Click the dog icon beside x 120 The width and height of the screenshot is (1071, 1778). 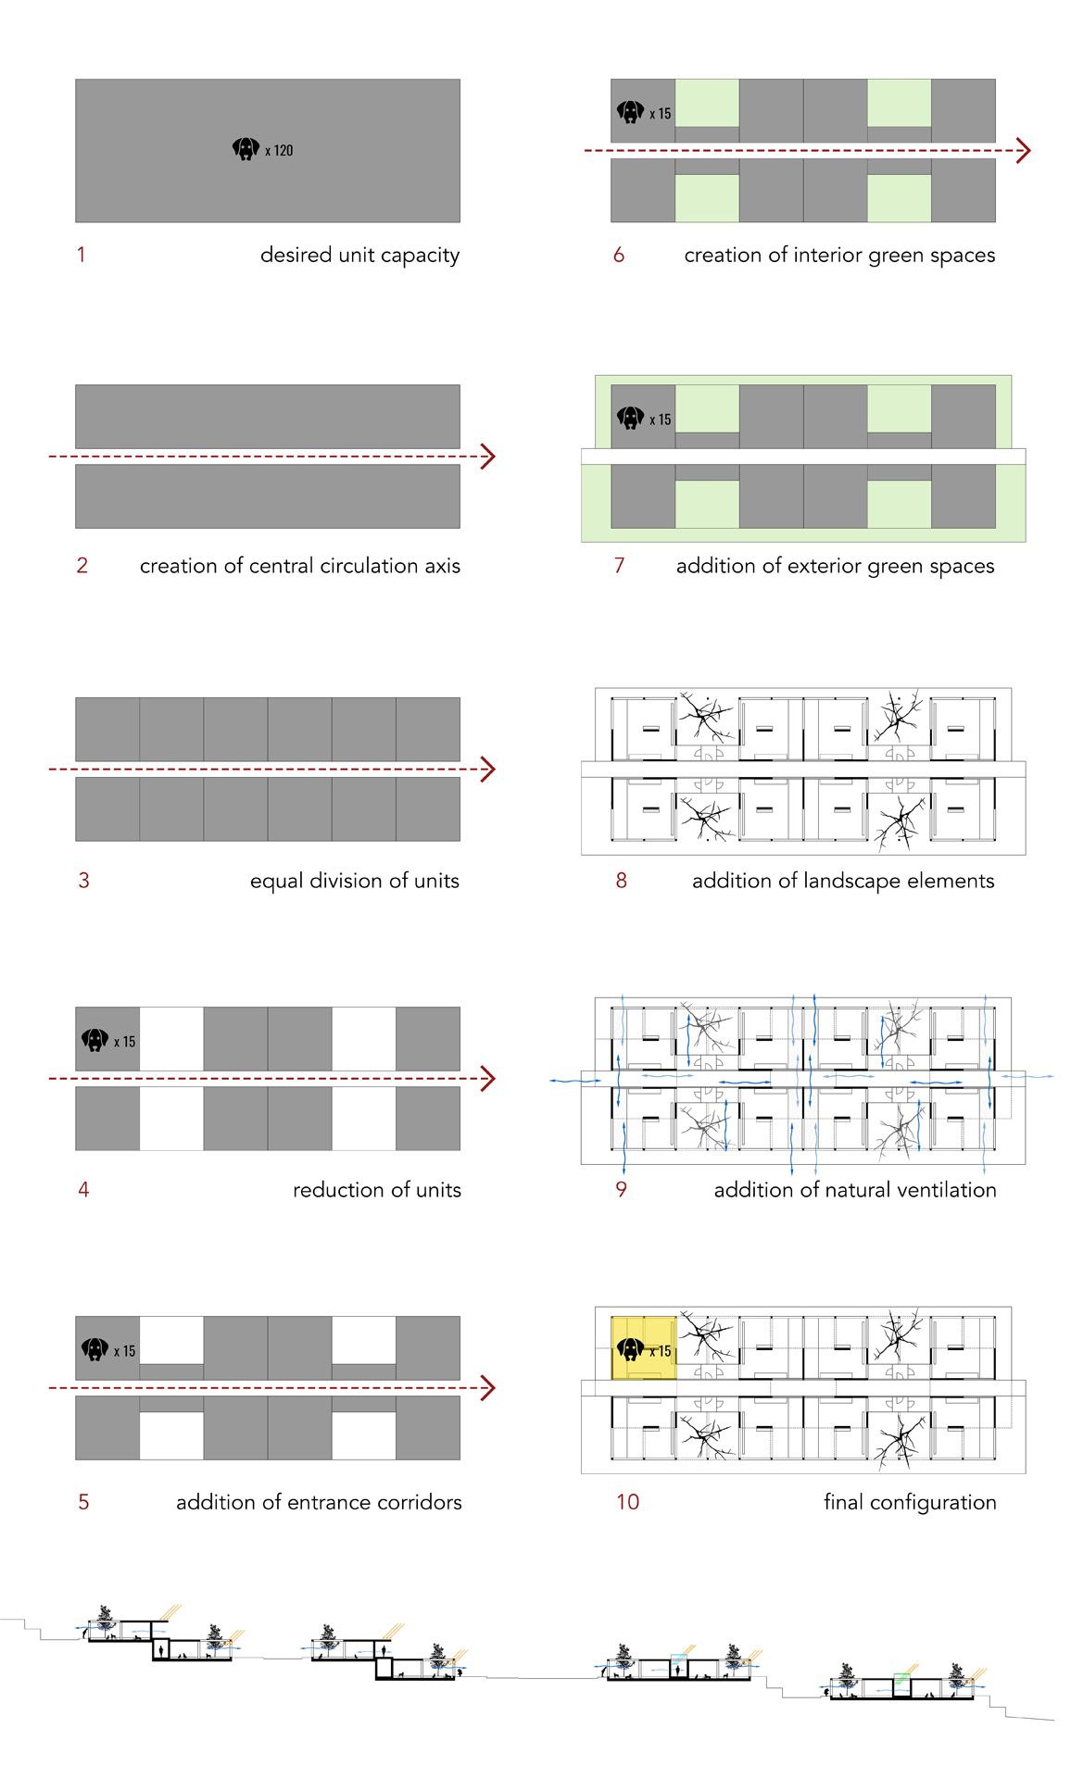(246, 148)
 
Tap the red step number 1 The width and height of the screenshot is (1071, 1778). (82, 255)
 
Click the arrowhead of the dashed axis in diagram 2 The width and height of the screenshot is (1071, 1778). (488, 457)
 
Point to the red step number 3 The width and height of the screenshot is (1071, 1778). (83, 881)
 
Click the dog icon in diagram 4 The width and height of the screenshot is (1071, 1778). (94, 1040)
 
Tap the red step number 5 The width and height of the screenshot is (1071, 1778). (83, 1502)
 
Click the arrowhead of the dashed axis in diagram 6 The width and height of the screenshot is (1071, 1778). (1023, 150)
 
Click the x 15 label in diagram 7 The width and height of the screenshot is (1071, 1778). (661, 419)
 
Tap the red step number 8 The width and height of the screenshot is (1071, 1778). (622, 881)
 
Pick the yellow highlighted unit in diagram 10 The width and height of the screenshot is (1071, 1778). (643, 1347)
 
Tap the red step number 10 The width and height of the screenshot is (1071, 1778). (627, 1502)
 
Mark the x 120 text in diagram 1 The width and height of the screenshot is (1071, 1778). (279, 150)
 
